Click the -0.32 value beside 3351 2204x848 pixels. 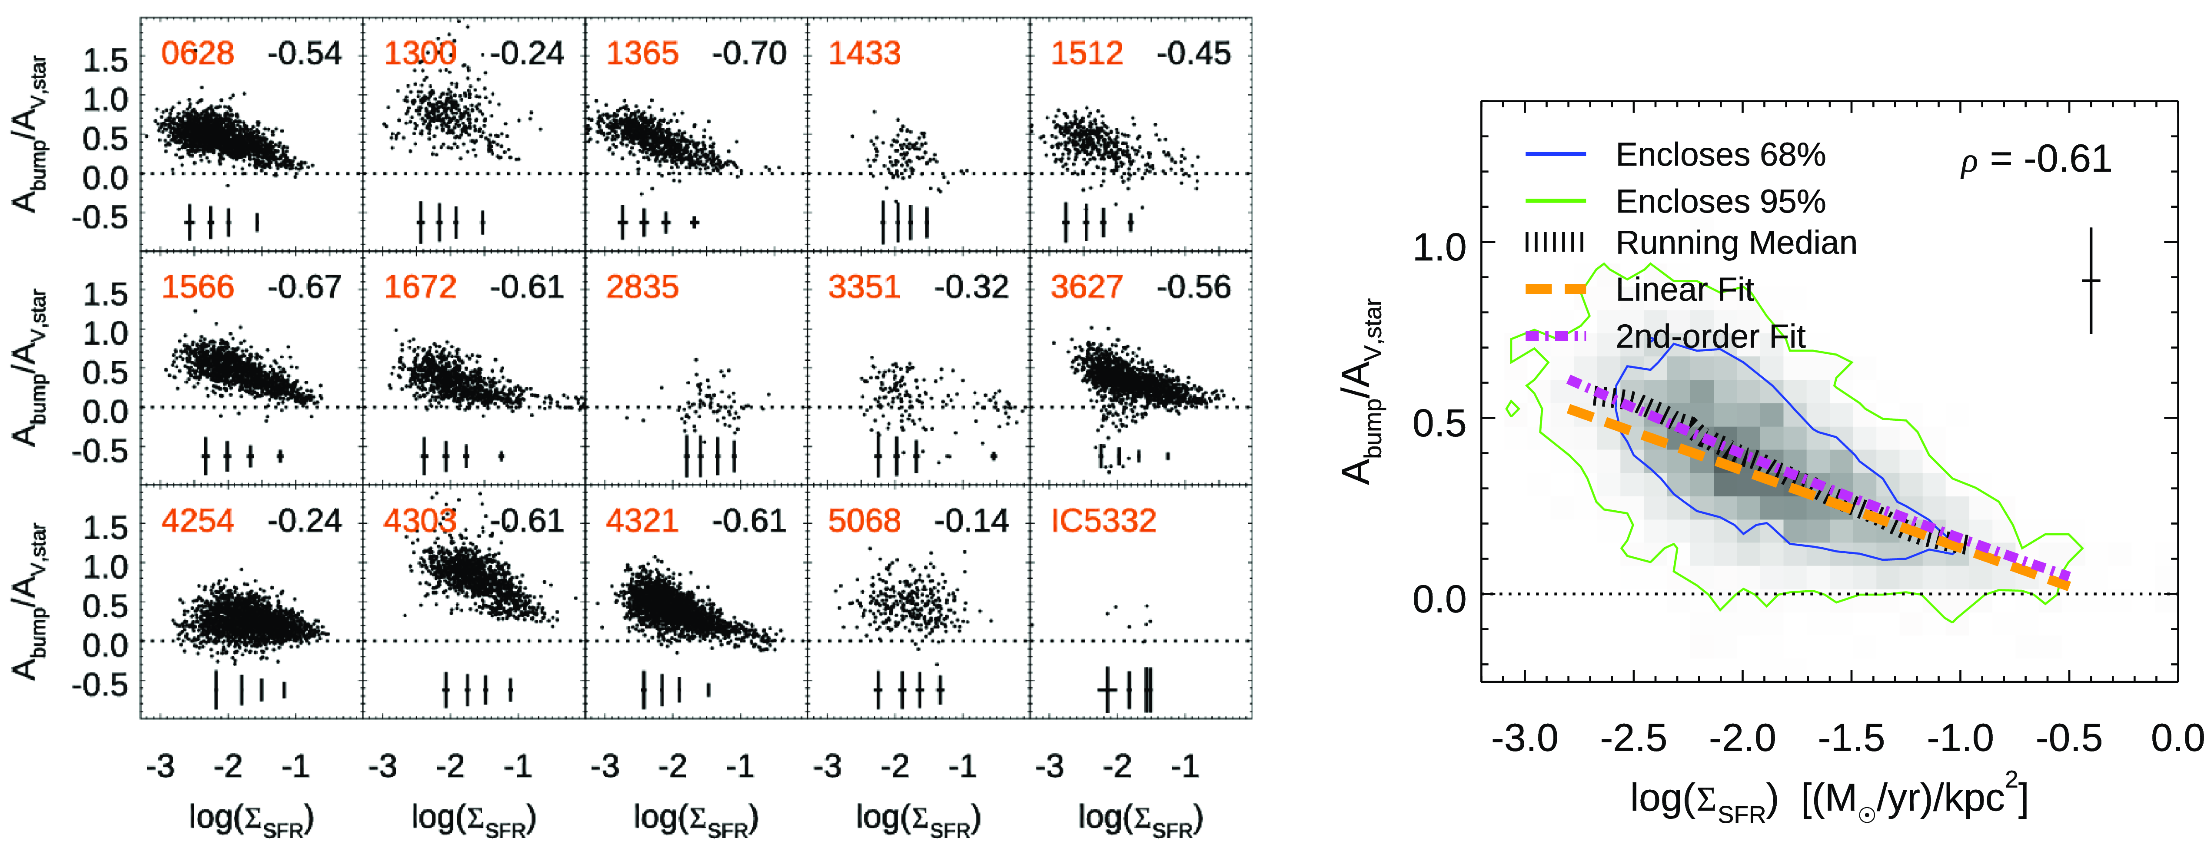coord(971,287)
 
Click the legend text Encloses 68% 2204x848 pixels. coord(1720,155)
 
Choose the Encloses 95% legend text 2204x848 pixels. coord(1720,202)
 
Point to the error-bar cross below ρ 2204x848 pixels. coord(2090,281)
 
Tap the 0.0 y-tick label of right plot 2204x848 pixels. coord(1439,599)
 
